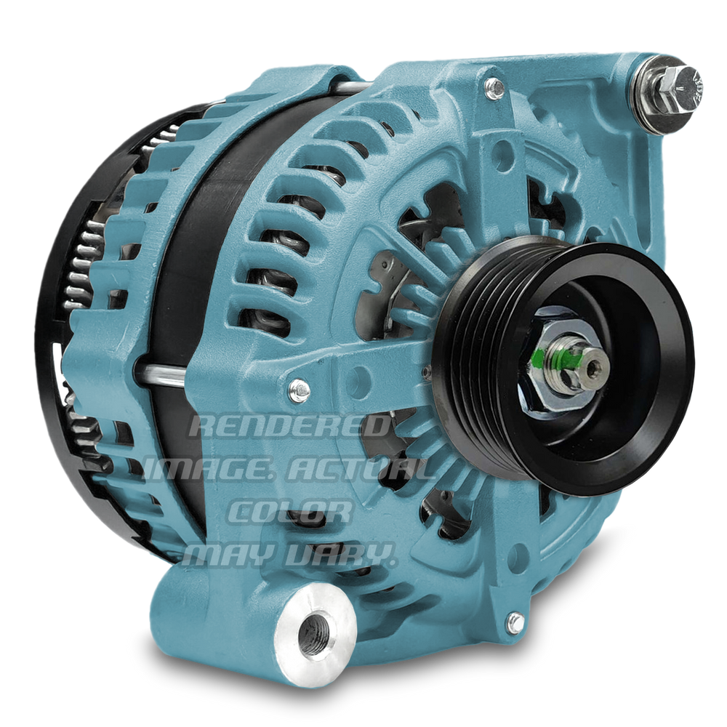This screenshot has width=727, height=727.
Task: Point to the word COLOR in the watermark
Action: [x=289, y=511]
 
